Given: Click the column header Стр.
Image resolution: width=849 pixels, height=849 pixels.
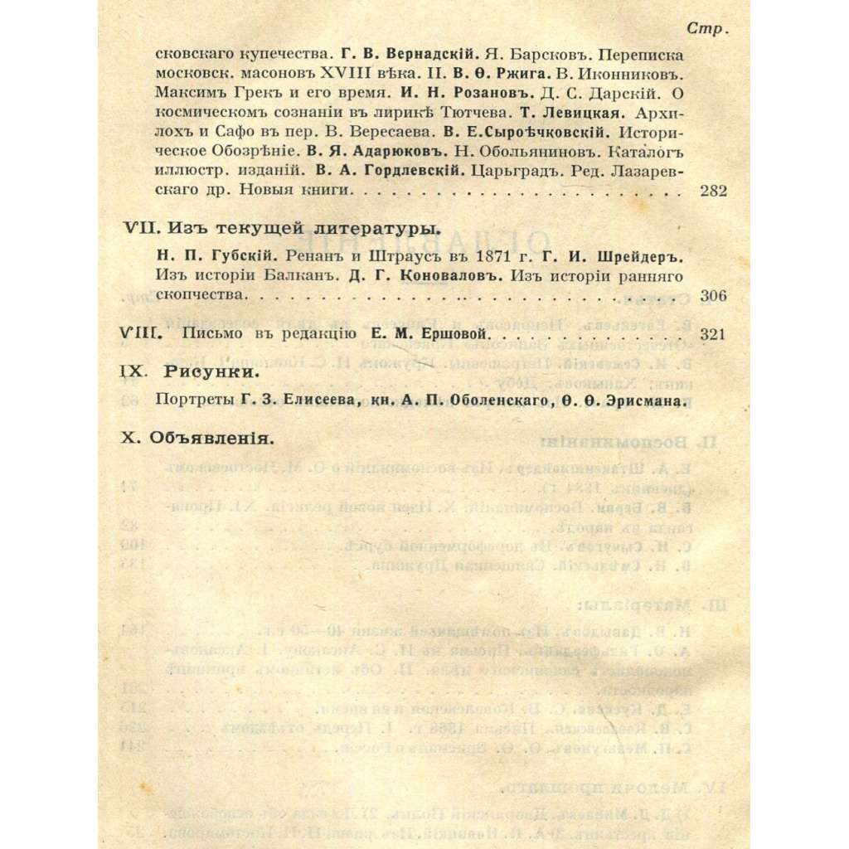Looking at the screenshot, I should click(707, 30).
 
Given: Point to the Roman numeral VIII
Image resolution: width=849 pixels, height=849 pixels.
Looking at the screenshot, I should click(139, 334).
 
